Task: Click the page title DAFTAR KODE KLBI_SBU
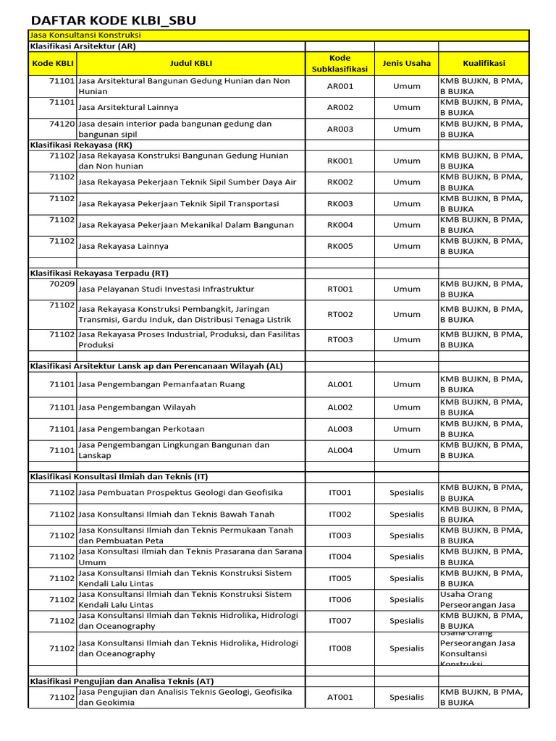(113, 20)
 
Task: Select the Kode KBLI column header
(53, 64)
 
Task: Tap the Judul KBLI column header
(190, 64)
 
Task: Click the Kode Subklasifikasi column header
(340, 64)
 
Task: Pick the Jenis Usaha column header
(406, 64)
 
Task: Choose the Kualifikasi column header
(484, 64)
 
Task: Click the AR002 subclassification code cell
(340, 107)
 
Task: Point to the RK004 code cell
(340, 225)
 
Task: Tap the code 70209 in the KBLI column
(62, 284)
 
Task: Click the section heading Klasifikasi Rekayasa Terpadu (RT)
(99, 273)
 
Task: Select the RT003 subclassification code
(340, 339)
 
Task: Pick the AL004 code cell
(340, 450)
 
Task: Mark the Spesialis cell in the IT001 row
(406, 493)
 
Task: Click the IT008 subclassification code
(340, 648)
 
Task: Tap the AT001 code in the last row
(340, 698)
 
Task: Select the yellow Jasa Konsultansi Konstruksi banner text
(85, 35)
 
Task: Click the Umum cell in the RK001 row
(406, 161)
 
